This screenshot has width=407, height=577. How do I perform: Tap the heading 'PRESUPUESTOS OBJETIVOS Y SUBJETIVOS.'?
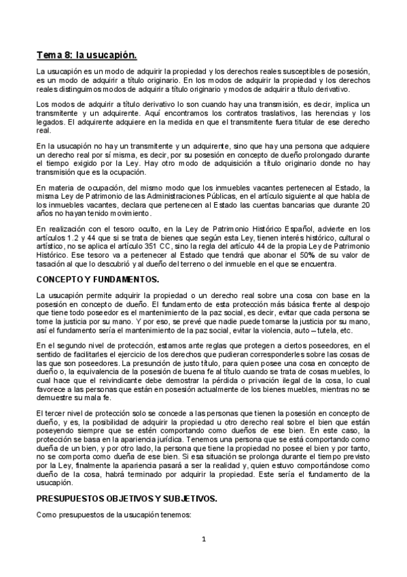click(126, 499)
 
